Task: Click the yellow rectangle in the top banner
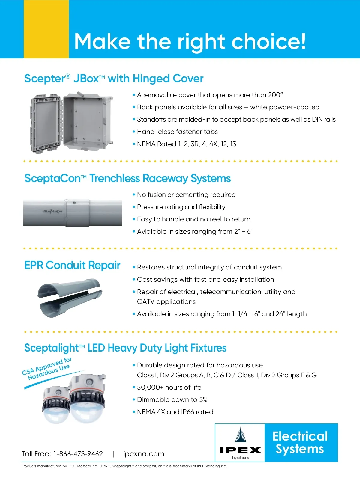[x=46, y=29]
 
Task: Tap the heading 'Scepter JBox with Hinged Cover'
[x=114, y=79]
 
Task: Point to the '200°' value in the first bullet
[x=275, y=95]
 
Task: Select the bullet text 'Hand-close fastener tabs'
[x=177, y=132]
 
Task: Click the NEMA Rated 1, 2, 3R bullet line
[x=186, y=144]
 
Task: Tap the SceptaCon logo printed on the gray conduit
[x=52, y=211]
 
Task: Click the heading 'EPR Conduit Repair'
[x=72, y=265]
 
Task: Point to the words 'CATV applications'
[x=166, y=302]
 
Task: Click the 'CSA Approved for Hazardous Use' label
[x=47, y=369]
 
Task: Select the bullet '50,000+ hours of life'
[x=169, y=388]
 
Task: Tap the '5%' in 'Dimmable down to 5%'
[x=203, y=400]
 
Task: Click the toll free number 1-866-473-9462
[x=78, y=454]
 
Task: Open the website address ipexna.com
[x=144, y=454]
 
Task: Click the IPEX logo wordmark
[x=240, y=450]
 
